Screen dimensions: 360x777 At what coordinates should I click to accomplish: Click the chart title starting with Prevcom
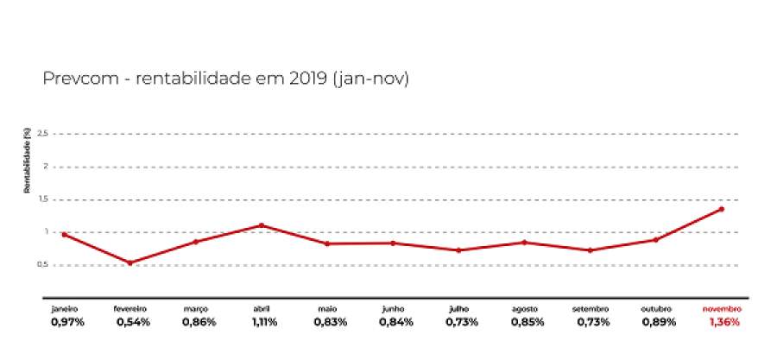225,79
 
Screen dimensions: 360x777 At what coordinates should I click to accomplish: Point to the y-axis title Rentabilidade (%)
28,161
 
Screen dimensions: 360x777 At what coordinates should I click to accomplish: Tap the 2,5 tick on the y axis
44,134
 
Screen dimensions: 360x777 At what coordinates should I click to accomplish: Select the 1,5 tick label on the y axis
44,199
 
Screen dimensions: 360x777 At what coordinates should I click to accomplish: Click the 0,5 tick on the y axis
44,265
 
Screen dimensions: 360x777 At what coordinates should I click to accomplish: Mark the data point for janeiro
65,234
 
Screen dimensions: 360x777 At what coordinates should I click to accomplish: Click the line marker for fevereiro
130,262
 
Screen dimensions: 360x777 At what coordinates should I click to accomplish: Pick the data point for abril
262,225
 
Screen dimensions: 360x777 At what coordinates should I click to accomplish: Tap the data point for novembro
721,209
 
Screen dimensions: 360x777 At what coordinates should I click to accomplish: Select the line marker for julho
458,250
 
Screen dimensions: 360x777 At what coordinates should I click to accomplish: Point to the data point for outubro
655,239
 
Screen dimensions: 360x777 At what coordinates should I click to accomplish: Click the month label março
196,308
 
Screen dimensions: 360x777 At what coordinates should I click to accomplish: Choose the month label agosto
524,308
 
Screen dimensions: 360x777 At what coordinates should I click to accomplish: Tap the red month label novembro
721,308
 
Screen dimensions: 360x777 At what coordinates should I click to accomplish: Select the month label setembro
590,308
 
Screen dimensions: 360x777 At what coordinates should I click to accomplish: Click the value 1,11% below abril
262,322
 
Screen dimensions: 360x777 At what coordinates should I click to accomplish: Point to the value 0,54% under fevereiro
133,322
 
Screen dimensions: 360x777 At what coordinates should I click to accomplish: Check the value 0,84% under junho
395,322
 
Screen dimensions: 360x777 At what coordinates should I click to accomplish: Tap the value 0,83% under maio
330,322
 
